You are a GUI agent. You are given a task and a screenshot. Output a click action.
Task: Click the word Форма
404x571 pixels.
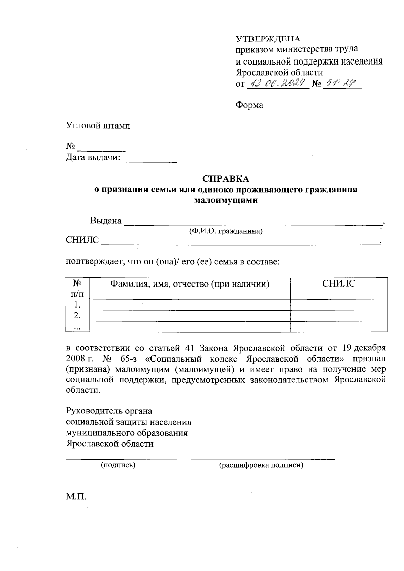(x=249, y=105)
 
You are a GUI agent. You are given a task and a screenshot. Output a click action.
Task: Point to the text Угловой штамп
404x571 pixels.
(x=98, y=126)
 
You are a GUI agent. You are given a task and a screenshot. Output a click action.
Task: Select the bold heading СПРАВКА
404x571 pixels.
(x=226, y=178)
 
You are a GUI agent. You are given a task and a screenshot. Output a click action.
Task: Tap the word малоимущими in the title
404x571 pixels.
(x=226, y=200)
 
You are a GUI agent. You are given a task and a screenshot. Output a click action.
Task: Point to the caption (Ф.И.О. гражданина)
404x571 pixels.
(x=226, y=231)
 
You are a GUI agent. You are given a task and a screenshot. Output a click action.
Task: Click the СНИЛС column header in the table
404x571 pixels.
(x=339, y=284)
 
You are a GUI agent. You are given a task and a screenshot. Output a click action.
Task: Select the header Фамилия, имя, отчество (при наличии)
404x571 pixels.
(x=190, y=284)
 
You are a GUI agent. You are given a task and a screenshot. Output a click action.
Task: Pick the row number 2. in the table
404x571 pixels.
(x=77, y=316)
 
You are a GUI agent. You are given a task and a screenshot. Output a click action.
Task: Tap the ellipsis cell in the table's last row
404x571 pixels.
(x=77, y=327)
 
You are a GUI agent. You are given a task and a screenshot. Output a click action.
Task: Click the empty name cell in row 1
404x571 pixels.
(x=190, y=305)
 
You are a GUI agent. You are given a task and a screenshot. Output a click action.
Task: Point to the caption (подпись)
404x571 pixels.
(x=118, y=465)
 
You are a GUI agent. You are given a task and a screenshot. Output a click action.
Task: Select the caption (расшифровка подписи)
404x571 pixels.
(x=261, y=465)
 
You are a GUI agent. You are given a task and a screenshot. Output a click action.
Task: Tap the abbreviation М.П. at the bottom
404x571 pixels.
(x=76, y=496)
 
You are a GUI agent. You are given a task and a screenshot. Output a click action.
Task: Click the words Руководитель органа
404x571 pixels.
(x=109, y=411)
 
